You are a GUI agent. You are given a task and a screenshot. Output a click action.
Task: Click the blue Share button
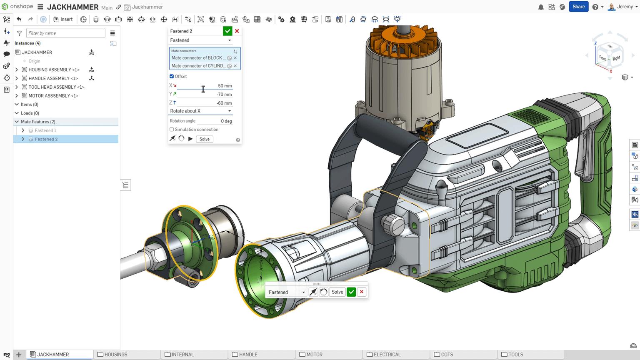click(x=578, y=7)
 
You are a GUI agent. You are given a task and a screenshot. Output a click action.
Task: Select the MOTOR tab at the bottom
click(x=314, y=355)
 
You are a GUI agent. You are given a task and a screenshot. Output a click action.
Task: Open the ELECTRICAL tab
click(x=387, y=355)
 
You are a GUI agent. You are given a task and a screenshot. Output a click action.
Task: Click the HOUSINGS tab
click(x=115, y=355)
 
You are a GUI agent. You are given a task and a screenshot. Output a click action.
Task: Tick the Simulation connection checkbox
click(x=172, y=130)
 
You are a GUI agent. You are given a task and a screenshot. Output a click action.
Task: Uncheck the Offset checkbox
click(x=172, y=76)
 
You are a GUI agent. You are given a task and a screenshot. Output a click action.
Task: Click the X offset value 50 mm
click(x=224, y=86)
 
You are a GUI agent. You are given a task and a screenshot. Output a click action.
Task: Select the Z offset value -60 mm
click(x=224, y=103)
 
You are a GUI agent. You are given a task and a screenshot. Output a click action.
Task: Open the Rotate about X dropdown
click(x=200, y=111)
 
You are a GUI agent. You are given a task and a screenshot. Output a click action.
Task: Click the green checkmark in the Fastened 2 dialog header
click(x=227, y=31)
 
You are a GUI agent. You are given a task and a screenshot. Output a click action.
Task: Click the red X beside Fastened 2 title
click(x=237, y=31)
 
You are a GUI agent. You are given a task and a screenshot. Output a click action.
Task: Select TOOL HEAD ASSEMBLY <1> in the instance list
click(x=56, y=87)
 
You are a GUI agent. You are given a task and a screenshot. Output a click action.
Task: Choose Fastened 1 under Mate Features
click(x=45, y=130)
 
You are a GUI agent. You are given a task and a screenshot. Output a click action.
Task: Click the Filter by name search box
click(x=65, y=33)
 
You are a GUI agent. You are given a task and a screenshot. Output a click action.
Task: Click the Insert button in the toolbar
click(x=63, y=19)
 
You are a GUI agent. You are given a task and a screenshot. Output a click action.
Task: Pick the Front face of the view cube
click(x=603, y=58)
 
